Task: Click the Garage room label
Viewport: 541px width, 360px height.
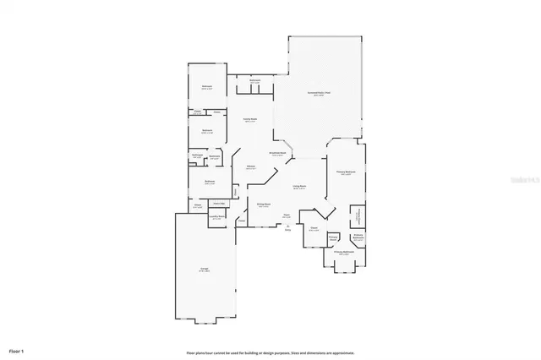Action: (204, 270)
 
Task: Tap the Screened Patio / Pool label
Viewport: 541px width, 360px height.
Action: (318, 95)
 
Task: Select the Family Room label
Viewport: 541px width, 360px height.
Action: (251, 120)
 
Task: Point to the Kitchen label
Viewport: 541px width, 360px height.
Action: (251, 167)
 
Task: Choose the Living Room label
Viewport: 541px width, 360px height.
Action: (299, 187)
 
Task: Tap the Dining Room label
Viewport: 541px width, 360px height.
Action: (264, 205)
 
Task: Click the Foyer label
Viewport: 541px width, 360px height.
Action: (287, 217)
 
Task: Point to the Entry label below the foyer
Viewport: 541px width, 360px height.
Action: (287, 229)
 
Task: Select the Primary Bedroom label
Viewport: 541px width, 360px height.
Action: (345, 172)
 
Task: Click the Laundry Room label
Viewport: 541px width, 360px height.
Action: (216, 217)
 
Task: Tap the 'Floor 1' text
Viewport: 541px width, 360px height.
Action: (17, 349)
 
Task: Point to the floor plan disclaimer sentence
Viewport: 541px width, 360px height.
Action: (270, 352)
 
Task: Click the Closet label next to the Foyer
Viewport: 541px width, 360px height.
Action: (313, 227)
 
